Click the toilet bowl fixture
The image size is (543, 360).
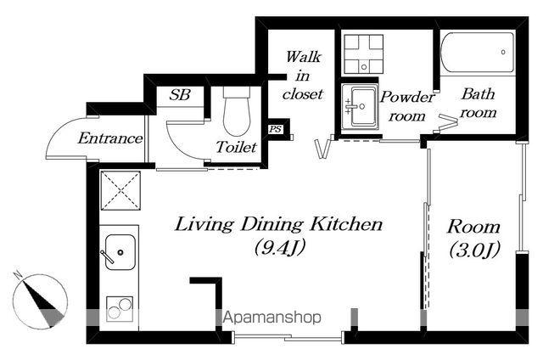coord(237,111)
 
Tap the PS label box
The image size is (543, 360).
coord(276,129)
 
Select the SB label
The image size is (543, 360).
coord(180,94)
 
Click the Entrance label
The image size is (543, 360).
coord(110,138)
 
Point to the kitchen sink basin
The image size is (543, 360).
coord(120,252)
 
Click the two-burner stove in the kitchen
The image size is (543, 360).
coord(120,309)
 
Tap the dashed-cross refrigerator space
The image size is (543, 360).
coord(120,190)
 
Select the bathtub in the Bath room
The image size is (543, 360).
coord(478,53)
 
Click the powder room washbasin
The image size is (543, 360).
coord(360,107)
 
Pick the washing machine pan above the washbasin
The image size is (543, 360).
coord(364,54)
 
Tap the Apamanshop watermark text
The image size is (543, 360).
coord(272,318)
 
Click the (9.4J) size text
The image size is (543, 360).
coord(279,247)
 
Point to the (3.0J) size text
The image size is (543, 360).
coord(474,250)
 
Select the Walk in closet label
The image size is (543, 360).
coord(303,76)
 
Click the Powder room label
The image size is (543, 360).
coord(407,106)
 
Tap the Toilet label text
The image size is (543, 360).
coord(237,147)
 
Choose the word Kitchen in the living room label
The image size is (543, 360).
coord(346,224)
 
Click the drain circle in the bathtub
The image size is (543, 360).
coord(503,53)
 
